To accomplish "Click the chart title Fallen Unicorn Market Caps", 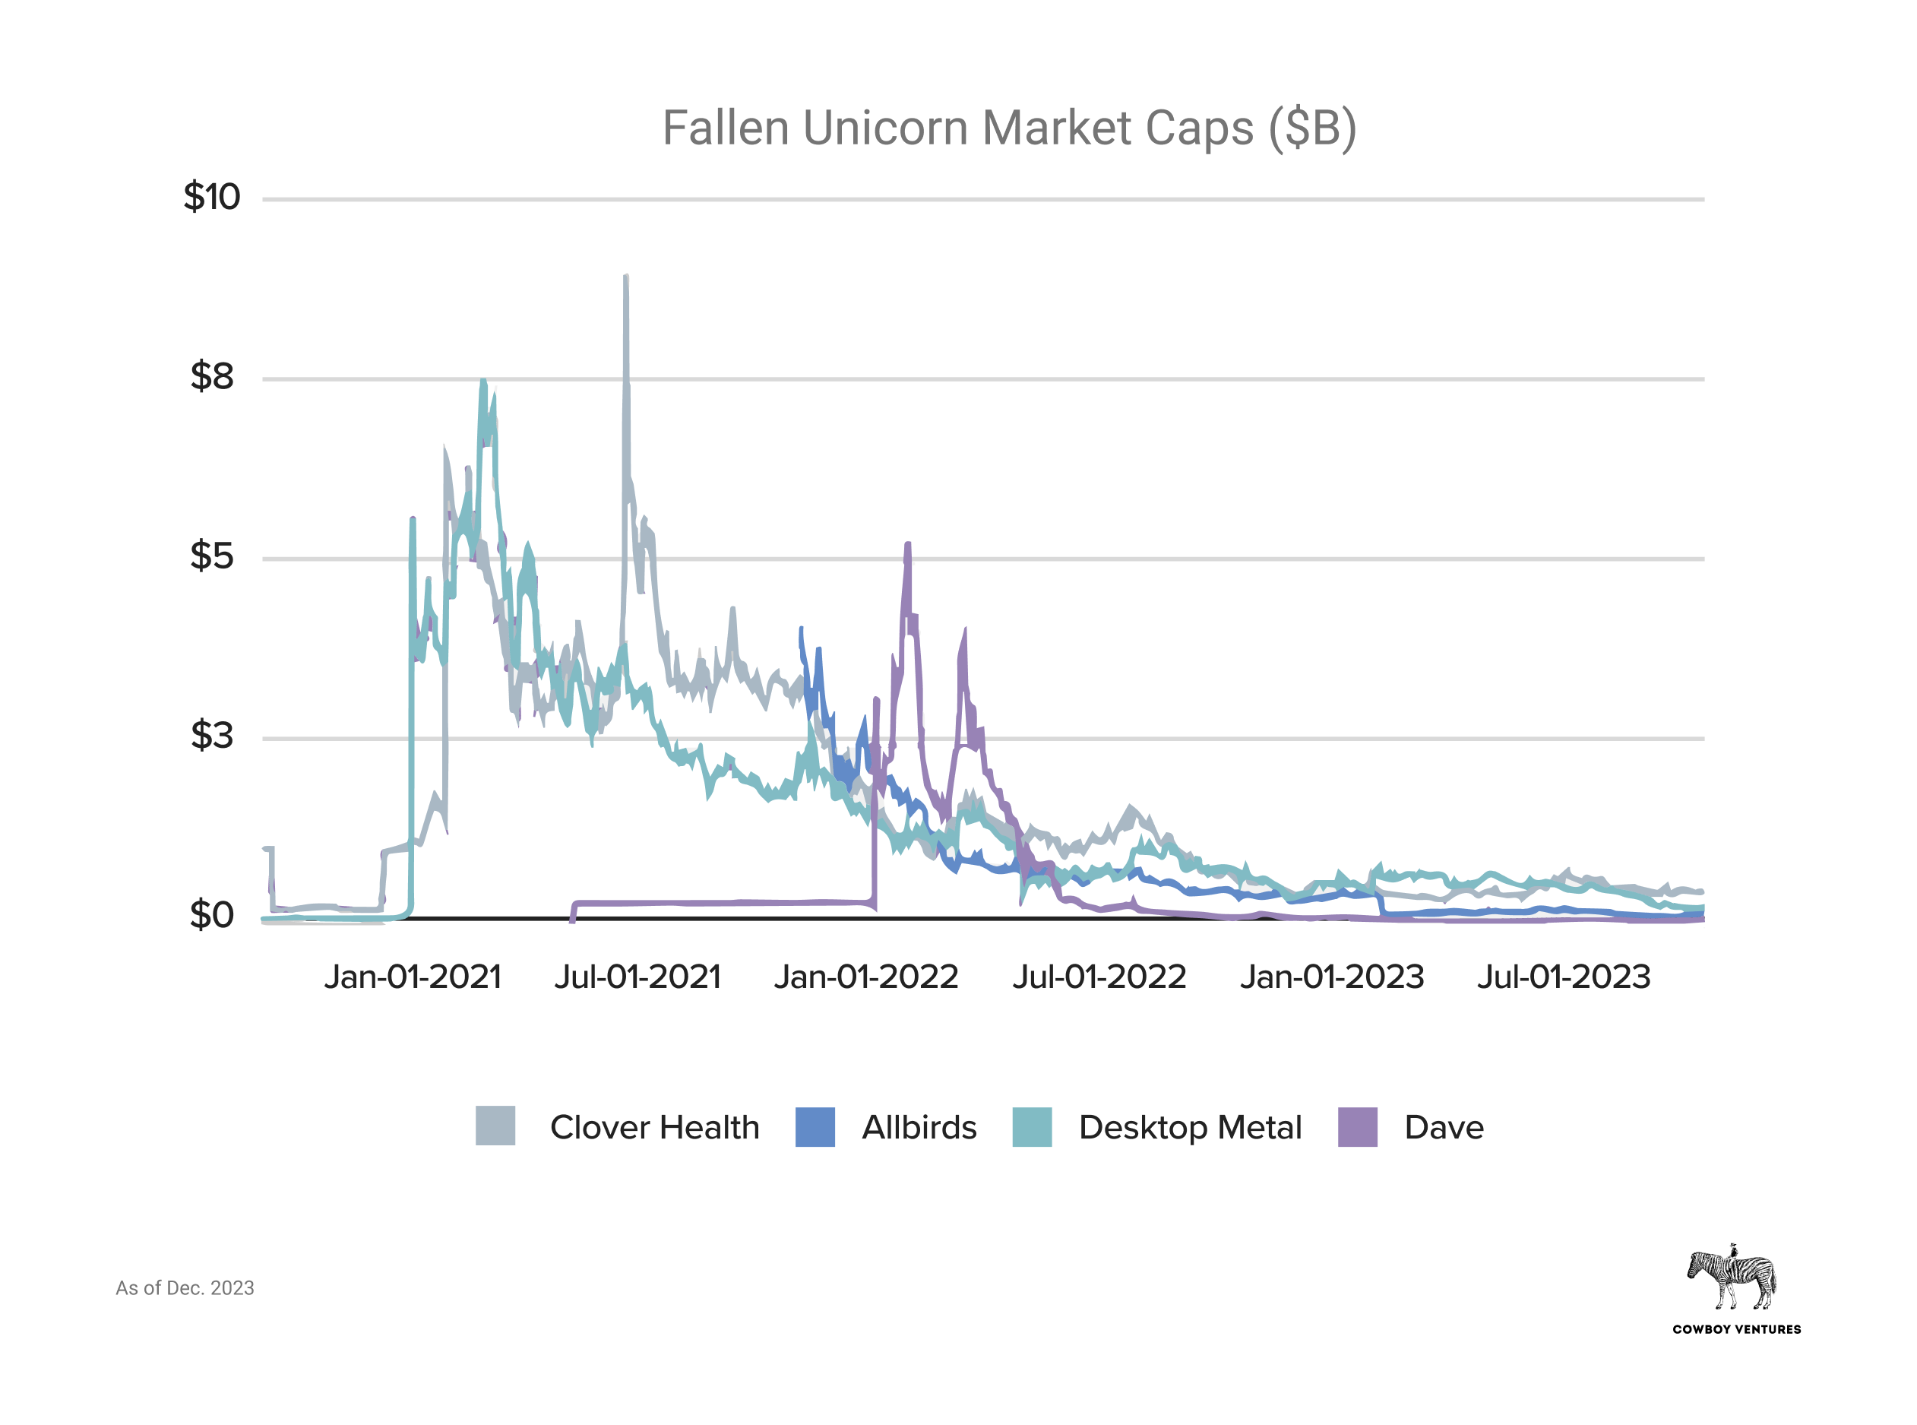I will point(1009,128).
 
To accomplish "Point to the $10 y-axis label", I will point(211,197).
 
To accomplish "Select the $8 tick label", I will point(212,376).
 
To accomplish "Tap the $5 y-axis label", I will point(212,556).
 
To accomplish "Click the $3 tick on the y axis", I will point(212,735).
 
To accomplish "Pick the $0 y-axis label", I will point(212,914).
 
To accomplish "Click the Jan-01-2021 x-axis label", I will point(413,977).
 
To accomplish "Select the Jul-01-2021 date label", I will point(637,977).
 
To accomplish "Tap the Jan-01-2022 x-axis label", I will point(865,977).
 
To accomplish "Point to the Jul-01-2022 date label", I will point(1099,977).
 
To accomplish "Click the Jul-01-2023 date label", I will point(1564,977).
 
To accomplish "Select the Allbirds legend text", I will point(919,1127).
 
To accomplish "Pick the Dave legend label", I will point(1444,1127).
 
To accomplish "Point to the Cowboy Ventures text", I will point(1736,1329).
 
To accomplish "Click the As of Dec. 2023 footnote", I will point(185,1288).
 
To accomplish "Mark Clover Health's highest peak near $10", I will point(626,277).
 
